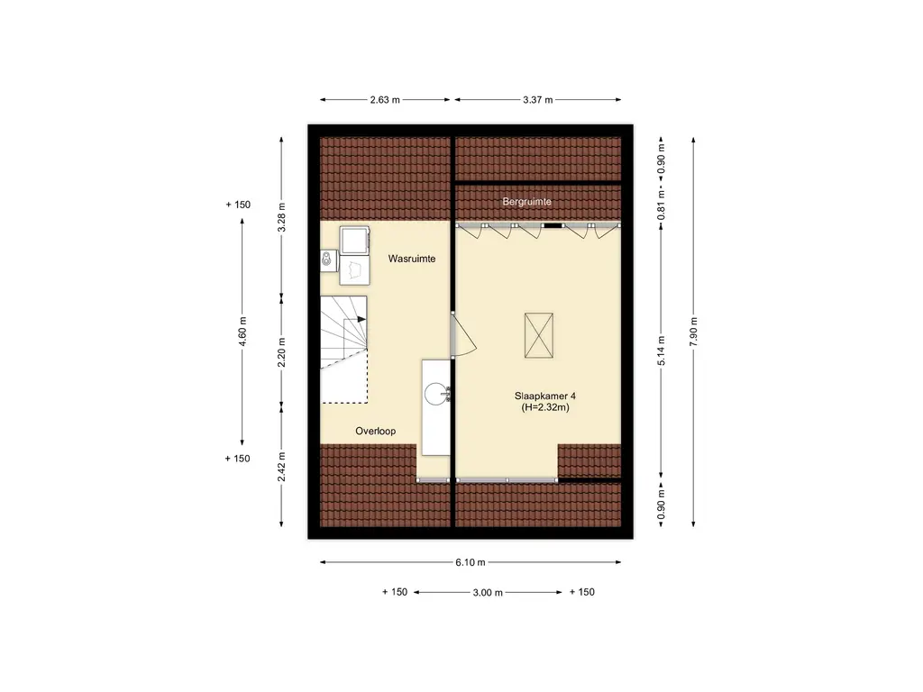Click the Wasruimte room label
click(411, 259)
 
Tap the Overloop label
click(376, 431)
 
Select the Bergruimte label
click(526, 201)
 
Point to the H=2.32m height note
click(545, 407)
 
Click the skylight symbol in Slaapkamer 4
click(539, 335)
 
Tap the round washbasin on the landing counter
click(436, 395)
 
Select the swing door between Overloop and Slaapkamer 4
click(463, 333)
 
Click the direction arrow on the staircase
click(355, 320)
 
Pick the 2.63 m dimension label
click(385, 100)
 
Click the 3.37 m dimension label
click(538, 100)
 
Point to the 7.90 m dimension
click(694, 332)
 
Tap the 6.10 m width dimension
click(471, 562)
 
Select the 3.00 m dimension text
click(488, 593)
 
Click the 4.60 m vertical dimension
click(242, 332)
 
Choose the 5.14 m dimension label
click(661, 351)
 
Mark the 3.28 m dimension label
click(281, 218)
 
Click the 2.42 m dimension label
click(281, 467)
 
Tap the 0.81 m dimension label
click(661, 205)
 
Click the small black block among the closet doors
click(553, 224)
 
